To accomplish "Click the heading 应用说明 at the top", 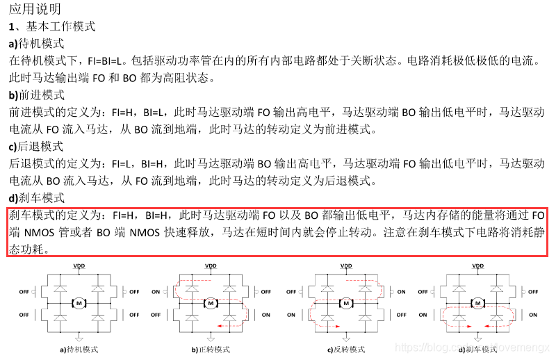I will (x=35, y=9).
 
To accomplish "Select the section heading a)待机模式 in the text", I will (x=36, y=44).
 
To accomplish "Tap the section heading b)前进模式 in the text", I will (x=37, y=95).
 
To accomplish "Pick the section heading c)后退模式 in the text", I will (x=36, y=146).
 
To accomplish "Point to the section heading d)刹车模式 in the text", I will (x=36, y=197).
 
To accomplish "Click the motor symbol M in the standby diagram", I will (x=79, y=302).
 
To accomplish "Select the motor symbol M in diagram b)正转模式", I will (x=209, y=302).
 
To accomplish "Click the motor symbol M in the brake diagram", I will (x=477, y=302).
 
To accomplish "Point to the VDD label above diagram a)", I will (x=79, y=265).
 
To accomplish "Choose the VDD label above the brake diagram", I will (x=477, y=265).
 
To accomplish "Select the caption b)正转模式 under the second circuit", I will (x=210, y=350).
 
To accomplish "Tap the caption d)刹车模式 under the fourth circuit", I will (x=477, y=350).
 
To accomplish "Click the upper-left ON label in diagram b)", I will (x=158, y=292).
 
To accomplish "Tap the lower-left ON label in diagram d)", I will (x=425, y=314).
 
